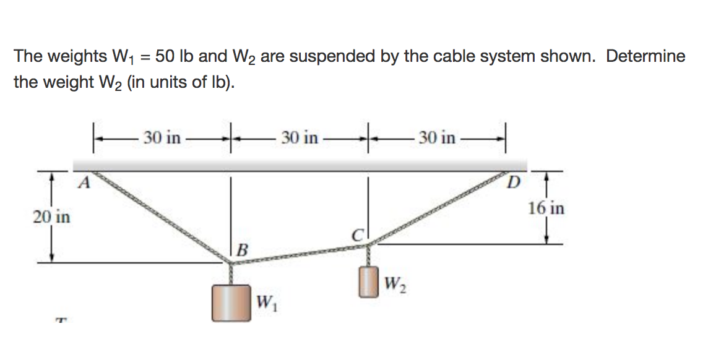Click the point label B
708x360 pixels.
(242, 250)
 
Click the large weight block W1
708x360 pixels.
(231, 302)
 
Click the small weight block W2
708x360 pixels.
(369, 281)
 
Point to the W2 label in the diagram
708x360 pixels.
(394, 285)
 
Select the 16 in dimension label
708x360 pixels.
(546, 208)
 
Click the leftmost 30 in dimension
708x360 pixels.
(162, 137)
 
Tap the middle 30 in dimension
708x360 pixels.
(300, 137)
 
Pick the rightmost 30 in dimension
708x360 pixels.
(437, 137)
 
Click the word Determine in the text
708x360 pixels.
(645, 57)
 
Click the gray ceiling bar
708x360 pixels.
(300, 165)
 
